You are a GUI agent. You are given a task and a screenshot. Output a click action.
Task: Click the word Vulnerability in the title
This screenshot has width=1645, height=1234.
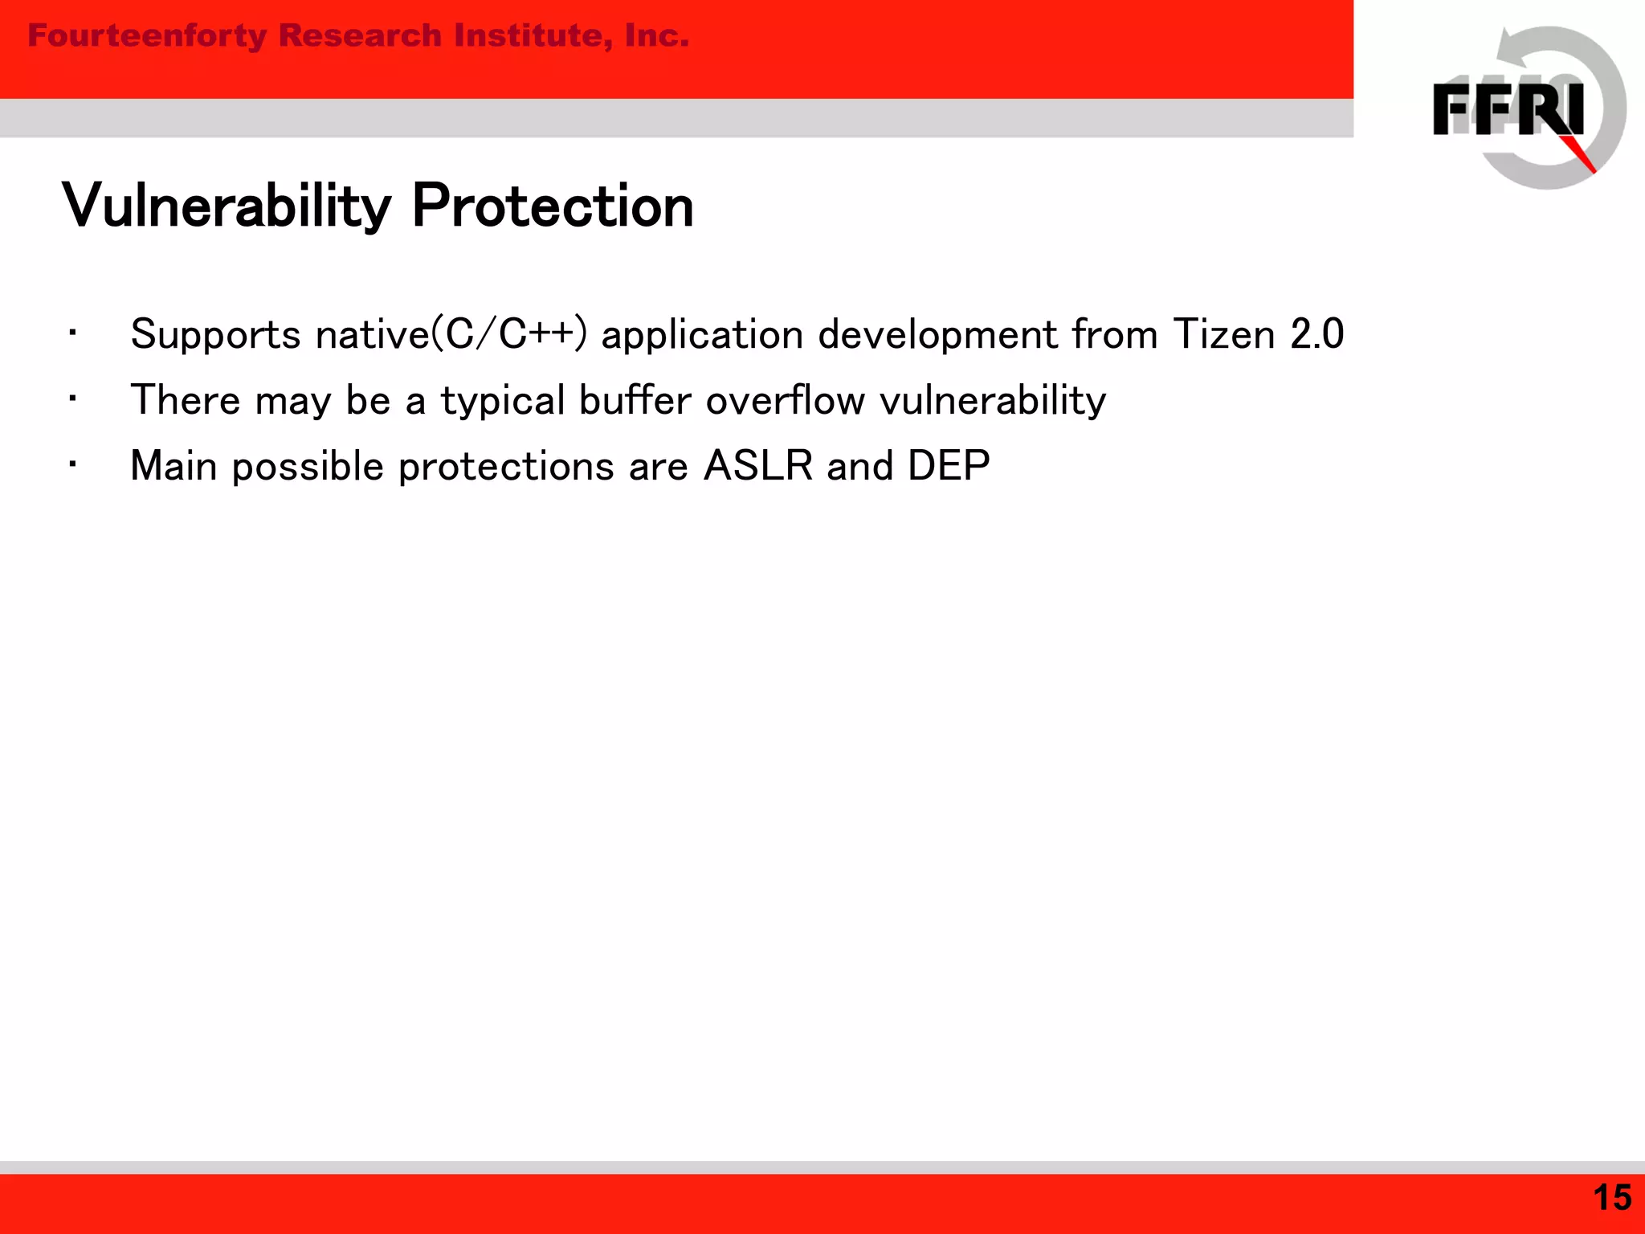coord(227,206)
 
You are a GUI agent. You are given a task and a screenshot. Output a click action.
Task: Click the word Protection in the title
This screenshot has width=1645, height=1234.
coord(553,206)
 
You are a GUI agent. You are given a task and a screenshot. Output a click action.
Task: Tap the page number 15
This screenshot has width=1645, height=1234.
coord(1611,1198)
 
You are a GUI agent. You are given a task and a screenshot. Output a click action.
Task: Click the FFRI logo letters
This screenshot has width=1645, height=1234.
coord(1508,110)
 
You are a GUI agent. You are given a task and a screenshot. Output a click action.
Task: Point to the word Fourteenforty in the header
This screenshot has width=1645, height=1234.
coord(147,36)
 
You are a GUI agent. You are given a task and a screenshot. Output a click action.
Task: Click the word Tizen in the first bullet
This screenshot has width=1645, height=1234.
coord(1223,334)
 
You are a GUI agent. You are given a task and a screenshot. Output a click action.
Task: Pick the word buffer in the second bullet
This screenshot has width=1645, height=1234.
coord(635,400)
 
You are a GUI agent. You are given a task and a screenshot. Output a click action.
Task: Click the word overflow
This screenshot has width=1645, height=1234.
coord(785,400)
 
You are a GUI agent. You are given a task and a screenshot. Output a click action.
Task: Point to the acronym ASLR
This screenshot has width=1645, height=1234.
coord(757,466)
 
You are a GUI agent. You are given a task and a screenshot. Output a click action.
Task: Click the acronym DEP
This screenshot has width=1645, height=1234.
coord(949,466)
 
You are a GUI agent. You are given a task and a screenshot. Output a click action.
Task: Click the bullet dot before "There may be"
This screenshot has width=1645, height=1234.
coord(72,398)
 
